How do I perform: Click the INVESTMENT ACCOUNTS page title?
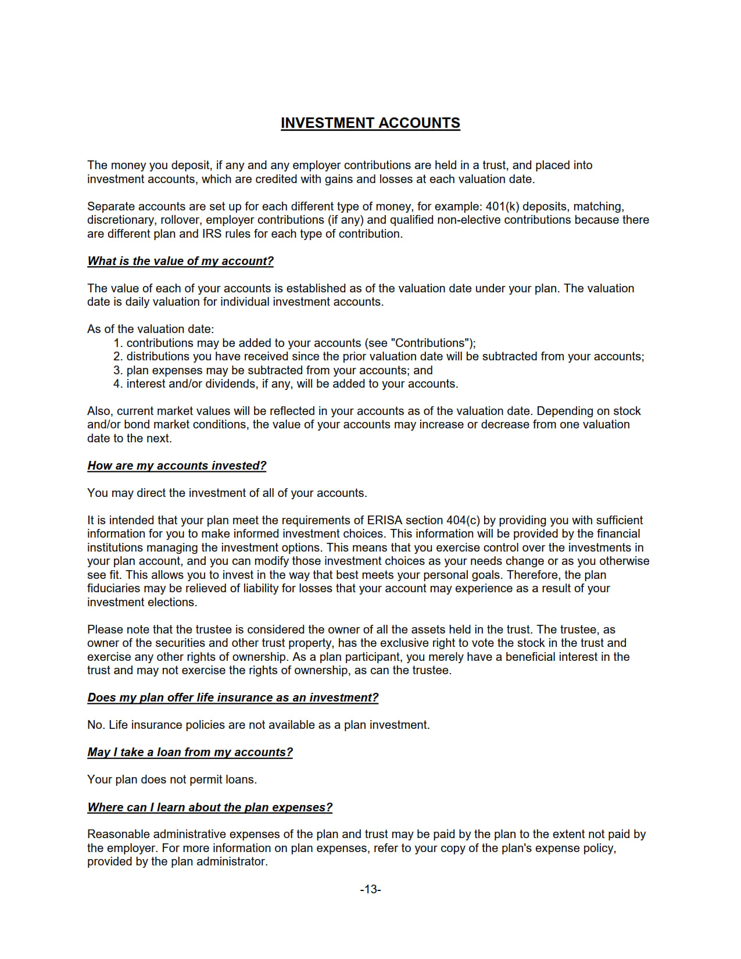pos(370,123)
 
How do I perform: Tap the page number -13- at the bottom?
pos(370,889)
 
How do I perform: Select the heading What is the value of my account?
pos(180,261)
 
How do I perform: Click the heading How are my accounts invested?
pos(177,466)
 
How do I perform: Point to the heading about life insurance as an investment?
pos(232,697)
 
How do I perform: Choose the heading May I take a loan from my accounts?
pos(190,752)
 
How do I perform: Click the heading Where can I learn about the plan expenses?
pos(210,807)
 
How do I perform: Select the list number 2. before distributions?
pos(118,356)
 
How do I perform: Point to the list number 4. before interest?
pos(118,384)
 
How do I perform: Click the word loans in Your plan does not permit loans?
pos(241,779)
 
